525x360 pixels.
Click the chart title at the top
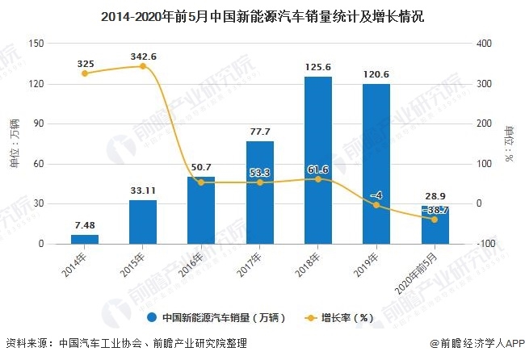[262, 15]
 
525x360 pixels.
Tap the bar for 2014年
[84, 239]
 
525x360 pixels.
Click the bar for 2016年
[201, 210]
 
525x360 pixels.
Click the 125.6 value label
[318, 68]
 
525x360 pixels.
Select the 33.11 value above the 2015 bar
[142, 191]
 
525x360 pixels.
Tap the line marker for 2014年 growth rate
[84, 73]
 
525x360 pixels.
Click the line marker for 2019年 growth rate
[376, 205]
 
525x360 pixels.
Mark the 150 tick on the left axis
[36, 44]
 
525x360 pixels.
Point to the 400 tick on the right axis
[483, 44]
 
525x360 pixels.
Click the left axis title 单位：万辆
[14, 144]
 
